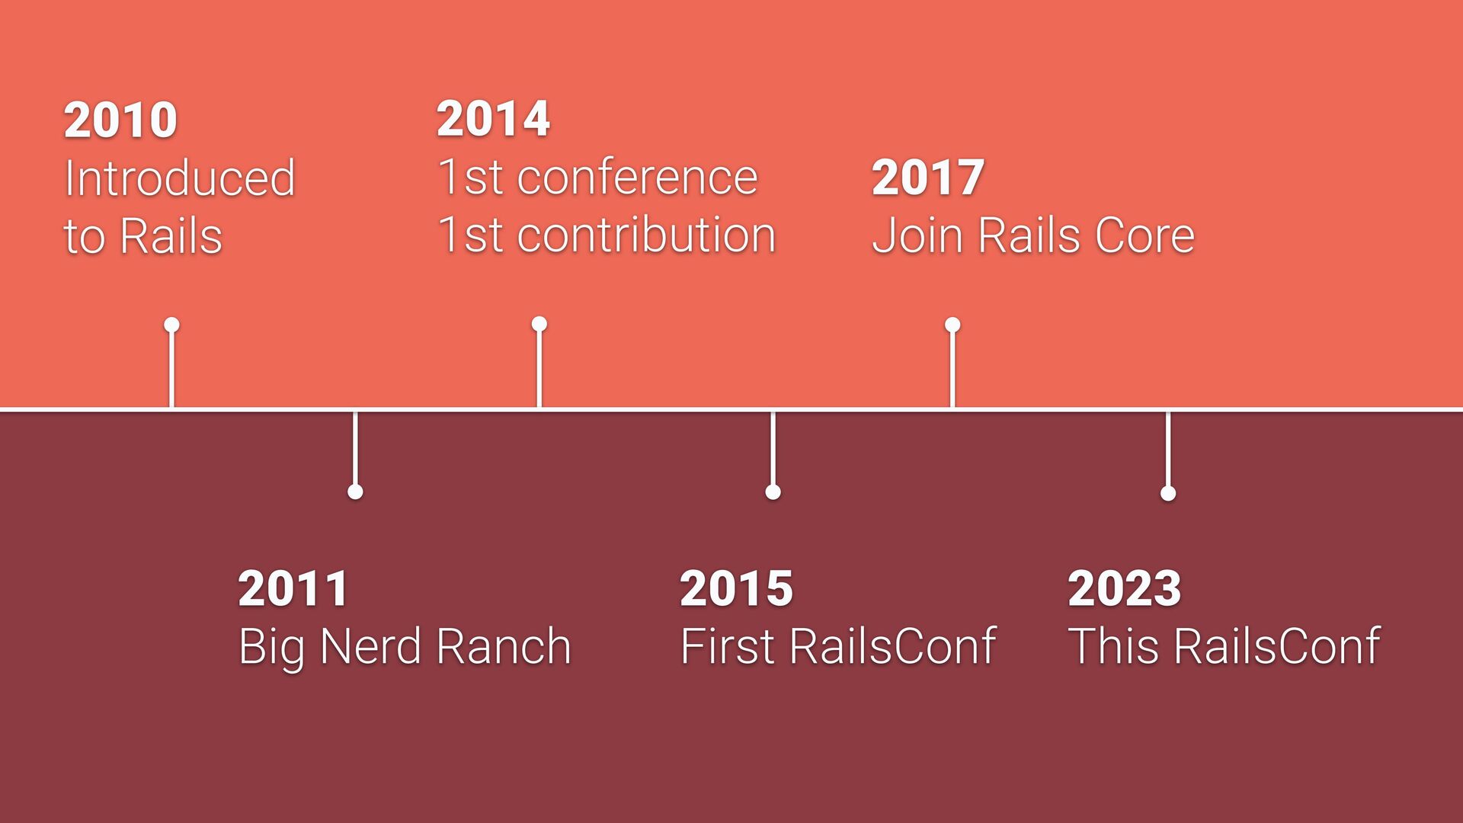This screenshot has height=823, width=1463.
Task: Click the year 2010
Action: [x=120, y=120]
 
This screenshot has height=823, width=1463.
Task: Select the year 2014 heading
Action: [x=493, y=119]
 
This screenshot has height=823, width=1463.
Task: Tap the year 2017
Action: [x=928, y=178]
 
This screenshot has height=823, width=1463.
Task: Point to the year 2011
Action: [x=293, y=588]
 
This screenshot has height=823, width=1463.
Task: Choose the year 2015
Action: [x=736, y=588]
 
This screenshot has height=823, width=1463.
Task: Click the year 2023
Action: [x=1125, y=588]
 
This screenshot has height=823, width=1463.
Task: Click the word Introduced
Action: [x=180, y=178]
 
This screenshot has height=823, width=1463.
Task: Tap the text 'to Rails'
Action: [x=143, y=236]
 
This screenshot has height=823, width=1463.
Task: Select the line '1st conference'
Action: [x=597, y=177]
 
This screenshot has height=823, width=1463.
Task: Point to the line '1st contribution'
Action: [x=607, y=235]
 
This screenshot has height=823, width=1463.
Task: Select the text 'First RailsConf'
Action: [x=838, y=646]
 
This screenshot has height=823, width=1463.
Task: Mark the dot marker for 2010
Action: [x=171, y=325]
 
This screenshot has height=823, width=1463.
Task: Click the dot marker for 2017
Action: [x=952, y=325]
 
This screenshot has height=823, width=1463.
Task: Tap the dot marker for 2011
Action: [x=355, y=492]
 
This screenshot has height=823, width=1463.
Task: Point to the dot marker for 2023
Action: [x=1168, y=494]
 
